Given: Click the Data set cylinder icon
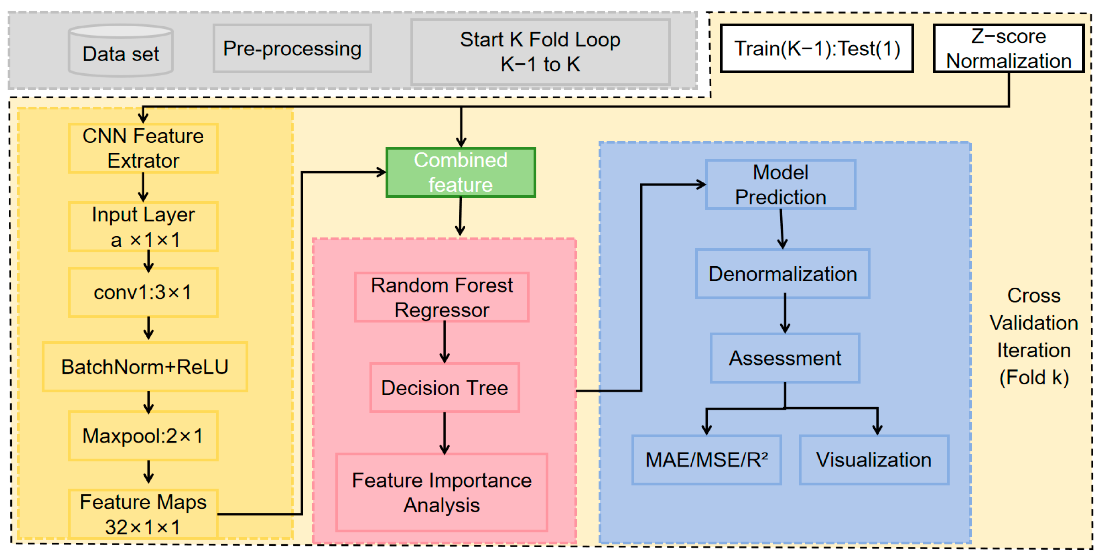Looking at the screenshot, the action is coord(121,50).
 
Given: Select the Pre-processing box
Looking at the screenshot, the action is coord(292,48).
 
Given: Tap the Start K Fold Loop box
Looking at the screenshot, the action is coord(540,52).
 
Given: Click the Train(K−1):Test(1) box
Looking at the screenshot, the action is coord(817,48).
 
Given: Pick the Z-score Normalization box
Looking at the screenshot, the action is coord(1009,48).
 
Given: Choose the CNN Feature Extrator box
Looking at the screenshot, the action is coord(143,148).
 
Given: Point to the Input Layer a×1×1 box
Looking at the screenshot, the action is coord(143,227).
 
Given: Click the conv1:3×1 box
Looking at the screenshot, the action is coord(143,292).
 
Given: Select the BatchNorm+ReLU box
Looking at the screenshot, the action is coord(145,367).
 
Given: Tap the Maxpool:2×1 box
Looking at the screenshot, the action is coord(143,436).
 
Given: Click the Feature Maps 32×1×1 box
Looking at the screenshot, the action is coord(143,514).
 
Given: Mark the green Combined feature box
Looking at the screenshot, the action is coord(461,172).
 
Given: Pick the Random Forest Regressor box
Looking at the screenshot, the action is coord(442,297).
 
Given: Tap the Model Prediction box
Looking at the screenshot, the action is coord(781,185).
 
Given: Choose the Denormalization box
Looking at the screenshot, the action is coord(783,273).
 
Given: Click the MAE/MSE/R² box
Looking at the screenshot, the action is coord(707,460).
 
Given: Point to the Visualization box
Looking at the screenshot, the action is coord(874,460).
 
